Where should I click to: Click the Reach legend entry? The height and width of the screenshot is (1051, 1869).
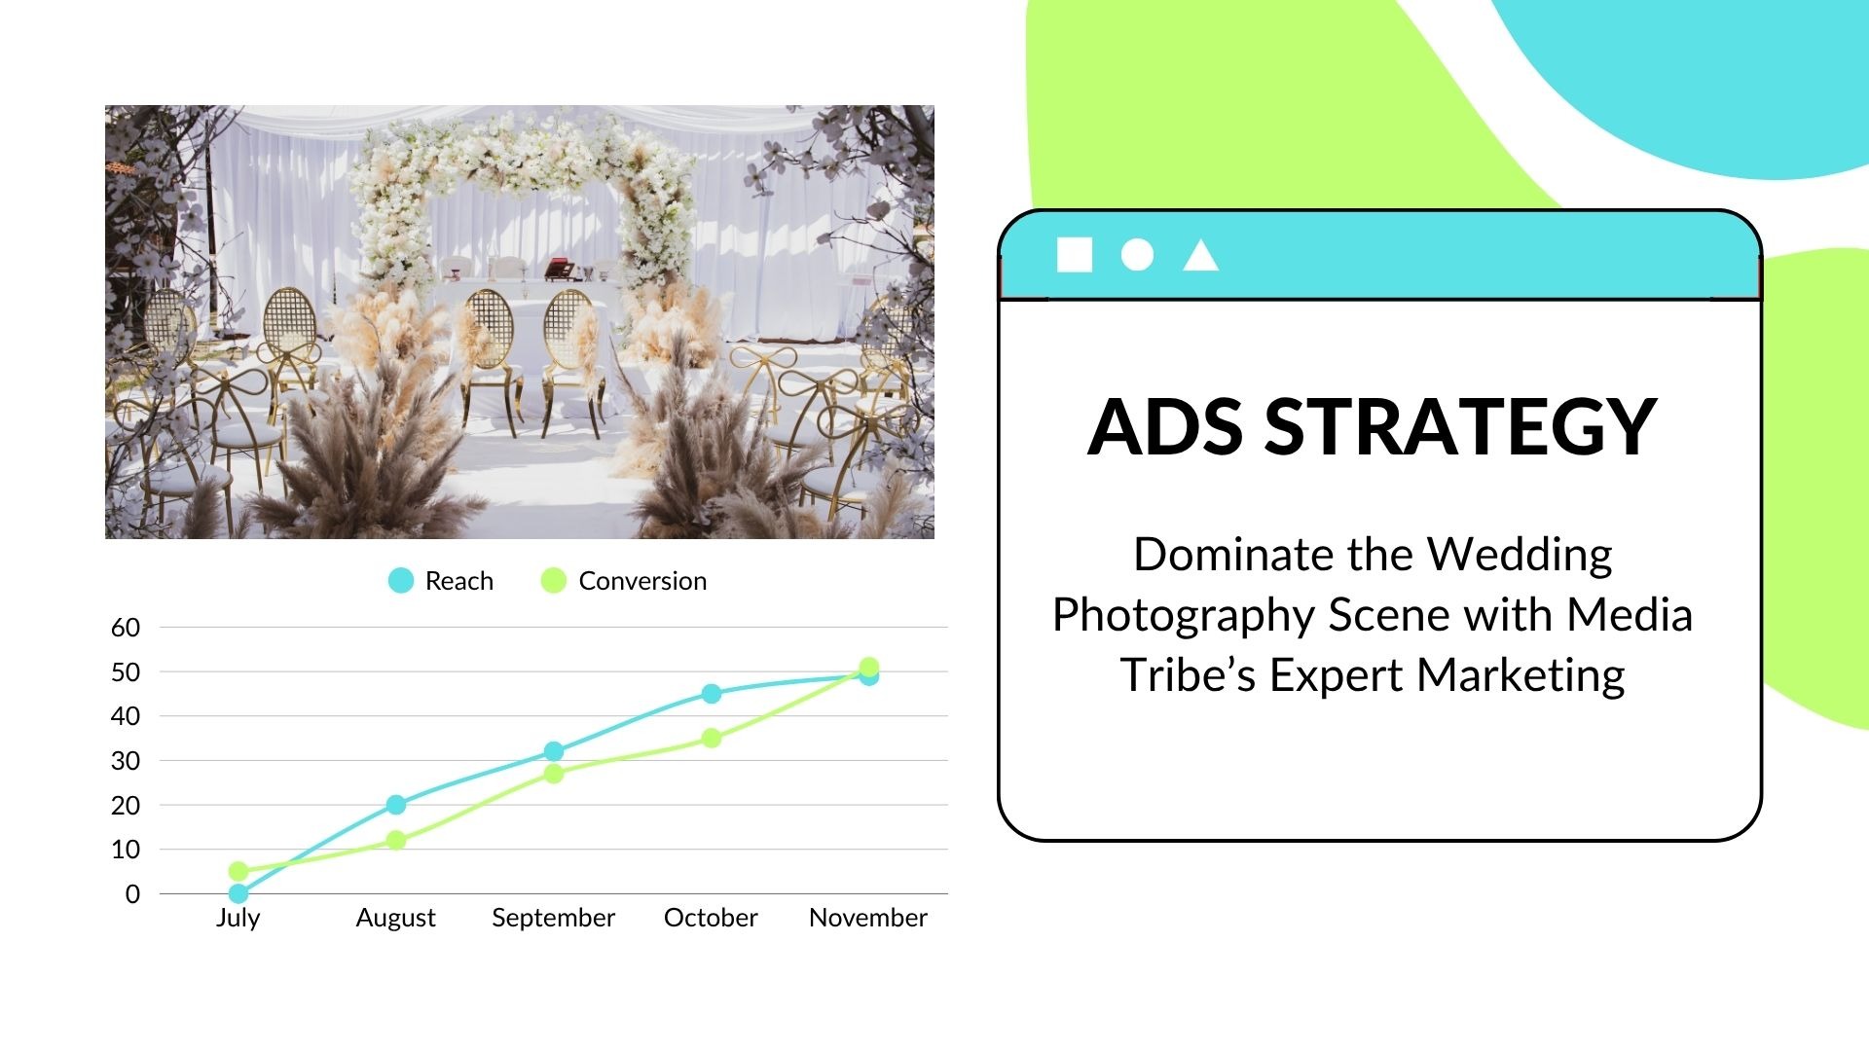tap(441, 581)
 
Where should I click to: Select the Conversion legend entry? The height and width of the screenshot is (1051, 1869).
tap(624, 581)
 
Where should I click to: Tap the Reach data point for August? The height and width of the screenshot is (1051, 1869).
tap(396, 805)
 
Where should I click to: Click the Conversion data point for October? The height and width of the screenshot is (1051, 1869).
tap(712, 739)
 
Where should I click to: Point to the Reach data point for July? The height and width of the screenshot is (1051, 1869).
tap(238, 893)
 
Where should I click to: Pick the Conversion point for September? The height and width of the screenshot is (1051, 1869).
tap(554, 774)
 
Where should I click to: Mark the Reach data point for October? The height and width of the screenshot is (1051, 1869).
tap(712, 694)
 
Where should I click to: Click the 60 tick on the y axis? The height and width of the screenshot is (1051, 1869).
tap(126, 628)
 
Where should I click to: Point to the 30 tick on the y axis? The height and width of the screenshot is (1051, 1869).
tap(126, 761)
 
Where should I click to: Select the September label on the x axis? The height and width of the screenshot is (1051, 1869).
tap(553, 918)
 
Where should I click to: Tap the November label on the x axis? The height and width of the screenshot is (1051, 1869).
tap(867, 918)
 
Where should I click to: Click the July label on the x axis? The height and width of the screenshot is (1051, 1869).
tap(238, 918)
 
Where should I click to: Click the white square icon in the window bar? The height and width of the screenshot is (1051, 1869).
tap(1075, 255)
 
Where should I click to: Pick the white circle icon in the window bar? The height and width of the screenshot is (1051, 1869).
tap(1137, 255)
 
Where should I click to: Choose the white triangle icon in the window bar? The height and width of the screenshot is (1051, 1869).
tap(1200, 257)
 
